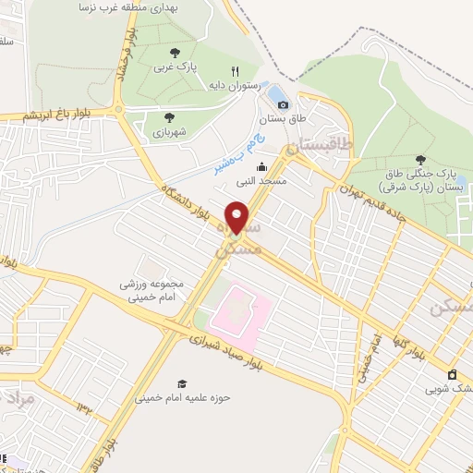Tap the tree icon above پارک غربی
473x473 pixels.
174,53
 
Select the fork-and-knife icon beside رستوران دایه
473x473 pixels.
236,71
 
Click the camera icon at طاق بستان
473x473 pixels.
283,104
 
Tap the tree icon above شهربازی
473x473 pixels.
169,116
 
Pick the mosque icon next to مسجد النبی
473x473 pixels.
262,166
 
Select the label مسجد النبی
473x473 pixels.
261,181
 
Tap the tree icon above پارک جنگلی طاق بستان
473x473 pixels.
421,162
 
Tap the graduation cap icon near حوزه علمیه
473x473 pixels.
182,383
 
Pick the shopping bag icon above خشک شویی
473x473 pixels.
452,374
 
